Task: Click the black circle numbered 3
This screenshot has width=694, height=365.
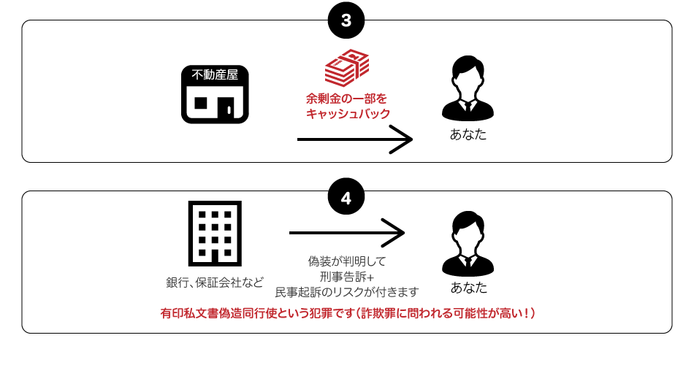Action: (346, 21)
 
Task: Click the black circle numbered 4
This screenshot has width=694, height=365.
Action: (346, 198)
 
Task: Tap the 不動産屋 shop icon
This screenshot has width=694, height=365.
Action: (215, 95)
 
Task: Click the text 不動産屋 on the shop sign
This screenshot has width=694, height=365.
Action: (215, 74)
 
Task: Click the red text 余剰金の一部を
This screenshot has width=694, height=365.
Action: (346, 98)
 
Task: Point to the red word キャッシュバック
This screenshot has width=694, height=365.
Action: (348, 114)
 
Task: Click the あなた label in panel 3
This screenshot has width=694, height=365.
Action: (468, 135)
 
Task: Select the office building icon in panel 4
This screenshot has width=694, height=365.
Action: (215, 232)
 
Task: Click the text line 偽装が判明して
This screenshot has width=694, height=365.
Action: (346, 261)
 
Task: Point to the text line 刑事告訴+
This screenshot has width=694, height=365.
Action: (346, 276)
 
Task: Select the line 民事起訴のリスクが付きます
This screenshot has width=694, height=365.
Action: (346, 292)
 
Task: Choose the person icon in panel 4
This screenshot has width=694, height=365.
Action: (468, 242)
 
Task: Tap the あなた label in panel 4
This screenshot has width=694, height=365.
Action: (468, 288)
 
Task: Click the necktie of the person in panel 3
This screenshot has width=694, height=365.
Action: (468, 107)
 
